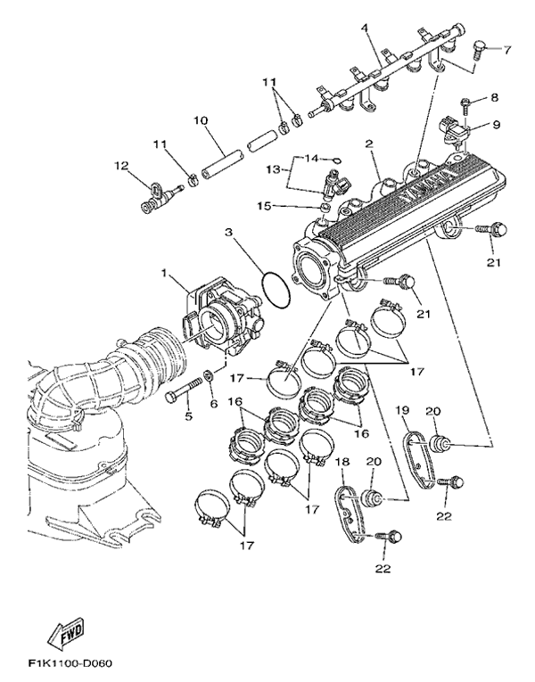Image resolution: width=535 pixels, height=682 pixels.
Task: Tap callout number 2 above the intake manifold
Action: point(368,142)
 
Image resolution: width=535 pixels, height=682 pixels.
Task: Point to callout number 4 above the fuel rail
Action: point(365,28)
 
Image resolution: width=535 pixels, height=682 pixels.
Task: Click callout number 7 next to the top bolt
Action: point(508,49)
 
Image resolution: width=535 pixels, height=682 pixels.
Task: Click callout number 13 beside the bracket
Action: point(273,168)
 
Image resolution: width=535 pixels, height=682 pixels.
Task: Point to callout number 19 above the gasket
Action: point(402,410)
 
